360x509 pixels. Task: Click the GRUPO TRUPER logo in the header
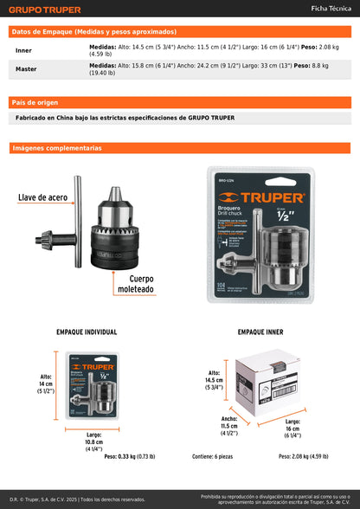[45, 10]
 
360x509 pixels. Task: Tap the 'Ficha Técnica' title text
[330, 9]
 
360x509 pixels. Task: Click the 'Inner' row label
[23, 50]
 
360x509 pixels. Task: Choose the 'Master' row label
[26, 68]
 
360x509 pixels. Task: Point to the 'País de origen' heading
[35, 102]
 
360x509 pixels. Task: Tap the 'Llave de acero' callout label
[42, 198]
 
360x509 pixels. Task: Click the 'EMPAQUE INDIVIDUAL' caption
[87, 332]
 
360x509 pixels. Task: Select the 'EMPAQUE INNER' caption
[260, 332]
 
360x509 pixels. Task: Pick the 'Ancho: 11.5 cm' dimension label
[228, 426]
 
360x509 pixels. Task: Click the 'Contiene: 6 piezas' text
[212, 455]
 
